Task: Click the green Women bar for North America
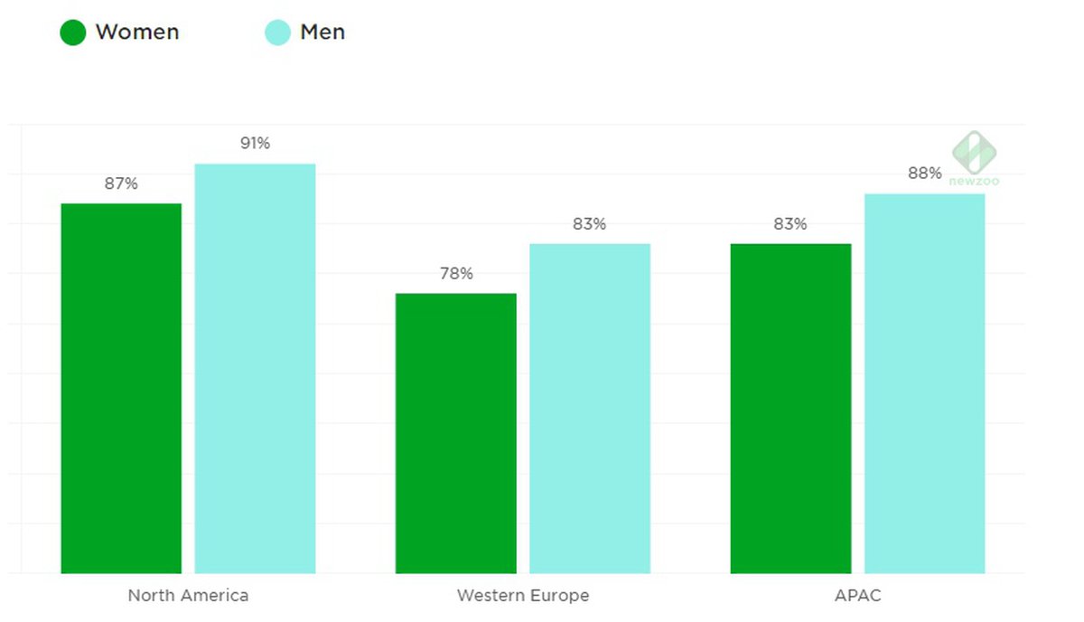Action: click(x=121, y=389)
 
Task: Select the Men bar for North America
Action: click(x=255, y=369)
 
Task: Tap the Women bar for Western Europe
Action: click(x=455, y=433)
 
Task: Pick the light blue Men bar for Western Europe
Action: click(x=589, y=409)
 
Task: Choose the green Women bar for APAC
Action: click(x=790, y=409)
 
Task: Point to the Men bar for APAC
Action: click(x=924, y=383)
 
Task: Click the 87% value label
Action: click(x=121, y=184)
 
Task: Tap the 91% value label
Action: click(x=255, y=143)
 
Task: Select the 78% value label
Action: click(x=456, y=273)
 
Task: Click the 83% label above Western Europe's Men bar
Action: click(x=589, y=223)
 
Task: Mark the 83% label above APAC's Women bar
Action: click(x=790, y=223)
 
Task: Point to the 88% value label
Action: click(x=924, y=174)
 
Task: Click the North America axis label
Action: click(x=188, y=596)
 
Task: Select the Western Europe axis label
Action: click(x=522, y=596)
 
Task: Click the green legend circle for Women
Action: click(x=73, y=33)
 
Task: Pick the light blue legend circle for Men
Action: click(x=277, y=33)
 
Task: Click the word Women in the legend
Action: click(x=137, y=33)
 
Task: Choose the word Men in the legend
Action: click(x=322, y=33)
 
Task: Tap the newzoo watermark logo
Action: click(x=975, y=156)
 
